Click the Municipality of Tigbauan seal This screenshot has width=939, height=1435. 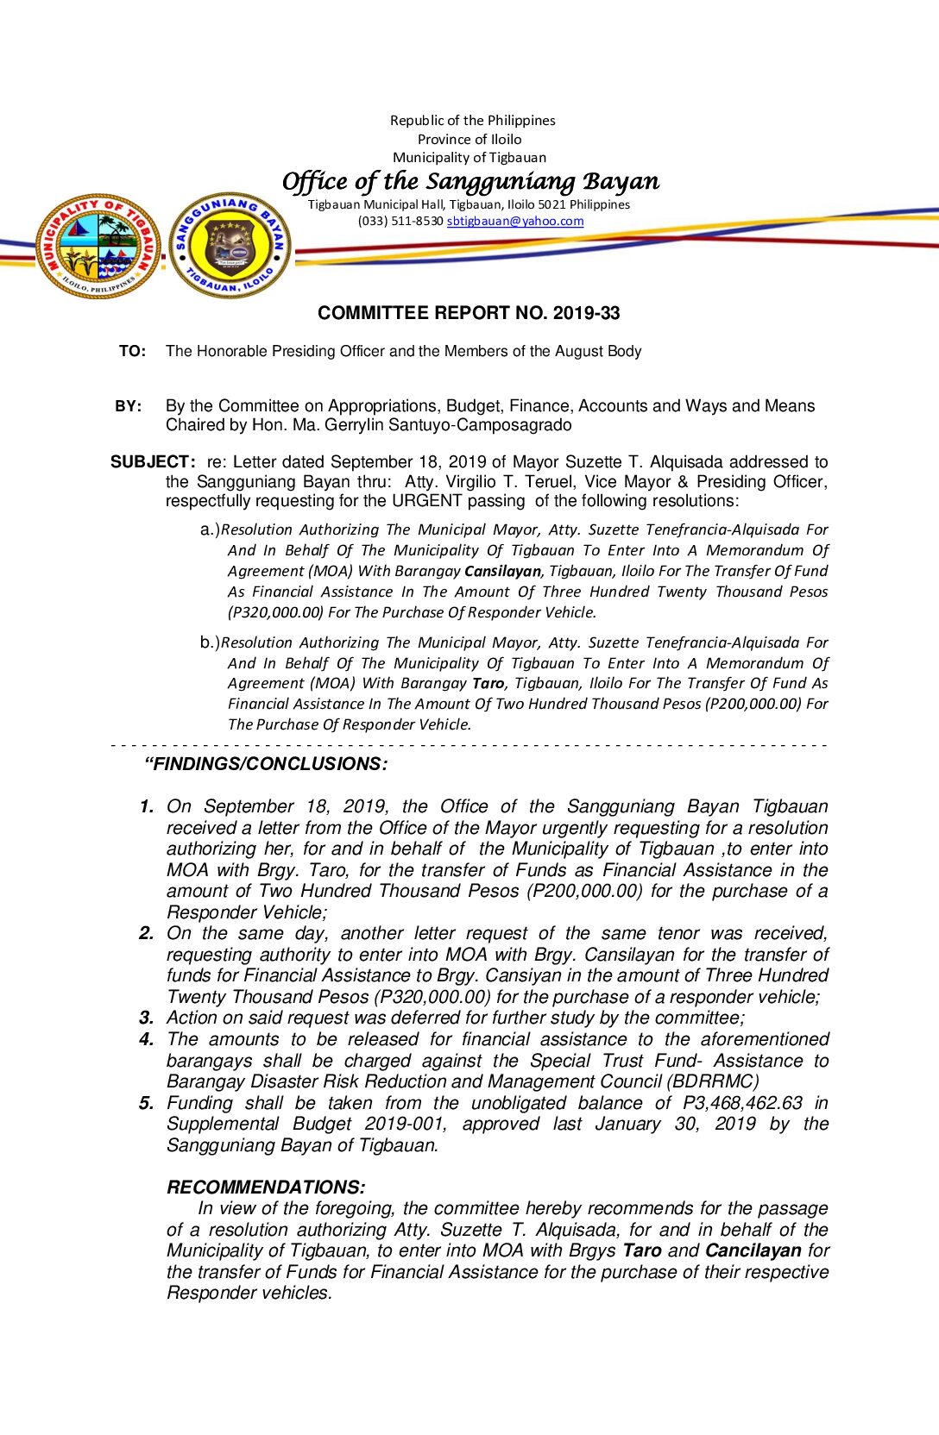click(x=98, y=246)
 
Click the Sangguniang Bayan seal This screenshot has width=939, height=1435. click(x=230, y=246)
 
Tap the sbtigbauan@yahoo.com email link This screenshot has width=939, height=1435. click(x=515, y=221)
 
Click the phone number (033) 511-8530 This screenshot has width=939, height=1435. click(x=400, y=221)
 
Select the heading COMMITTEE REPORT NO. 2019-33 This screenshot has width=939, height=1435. click(x=469, y=313)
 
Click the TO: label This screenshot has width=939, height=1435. click(x=132, y=351)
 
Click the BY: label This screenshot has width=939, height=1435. click(x=129, y=406)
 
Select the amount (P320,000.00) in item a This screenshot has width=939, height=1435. click(x=275, y=612)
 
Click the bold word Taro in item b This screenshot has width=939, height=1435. click(x=488, y=683)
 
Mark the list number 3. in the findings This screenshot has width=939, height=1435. click(x=147, y=1018)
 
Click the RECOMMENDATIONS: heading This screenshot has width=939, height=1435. click(x=266, y=1187)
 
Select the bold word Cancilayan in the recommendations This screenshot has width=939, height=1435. click(x=753, y=1250)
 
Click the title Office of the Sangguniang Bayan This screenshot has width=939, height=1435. click(x=470, y=181)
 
